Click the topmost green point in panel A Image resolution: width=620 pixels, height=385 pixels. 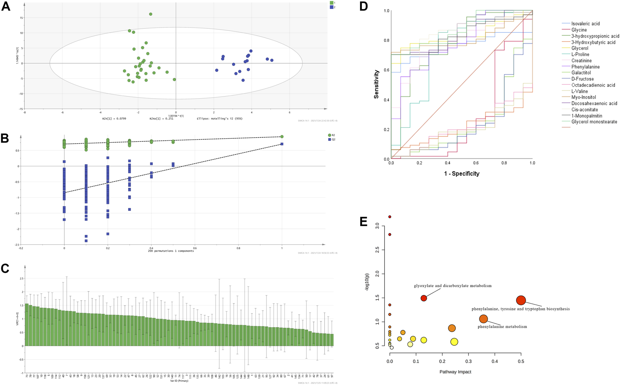[x=150, y=14]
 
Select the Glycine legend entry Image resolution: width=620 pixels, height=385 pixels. [x=579, y=30]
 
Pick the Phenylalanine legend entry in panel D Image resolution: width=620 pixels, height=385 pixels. [x=585, y=67]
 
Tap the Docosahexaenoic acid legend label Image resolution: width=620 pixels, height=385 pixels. [x=594, y=103]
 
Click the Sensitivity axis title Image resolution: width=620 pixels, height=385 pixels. [x=376, y=84]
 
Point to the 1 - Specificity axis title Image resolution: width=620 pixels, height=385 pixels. [x=462, y=174]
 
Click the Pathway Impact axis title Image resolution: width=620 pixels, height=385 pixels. [x=455, y=372]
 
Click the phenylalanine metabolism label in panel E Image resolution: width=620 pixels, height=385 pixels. [x=502, y=327]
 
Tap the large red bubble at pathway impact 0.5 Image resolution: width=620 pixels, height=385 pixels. [x=521, y=300]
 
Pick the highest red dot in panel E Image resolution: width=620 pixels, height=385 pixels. [x=390, y=217]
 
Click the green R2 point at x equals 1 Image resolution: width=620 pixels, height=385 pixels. [x=282, y=137]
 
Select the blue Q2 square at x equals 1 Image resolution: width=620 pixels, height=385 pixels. [x=282, y=144]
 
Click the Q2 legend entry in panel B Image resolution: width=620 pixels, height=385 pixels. [x=332, y=139]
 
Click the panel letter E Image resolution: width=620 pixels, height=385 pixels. [x=364, y=221]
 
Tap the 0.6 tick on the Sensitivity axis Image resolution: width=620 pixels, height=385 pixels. [x=386, y=70]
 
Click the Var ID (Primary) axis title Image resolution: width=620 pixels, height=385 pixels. [x=179, y=381]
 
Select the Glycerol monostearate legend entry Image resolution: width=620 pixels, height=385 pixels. [x=594, y=122]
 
